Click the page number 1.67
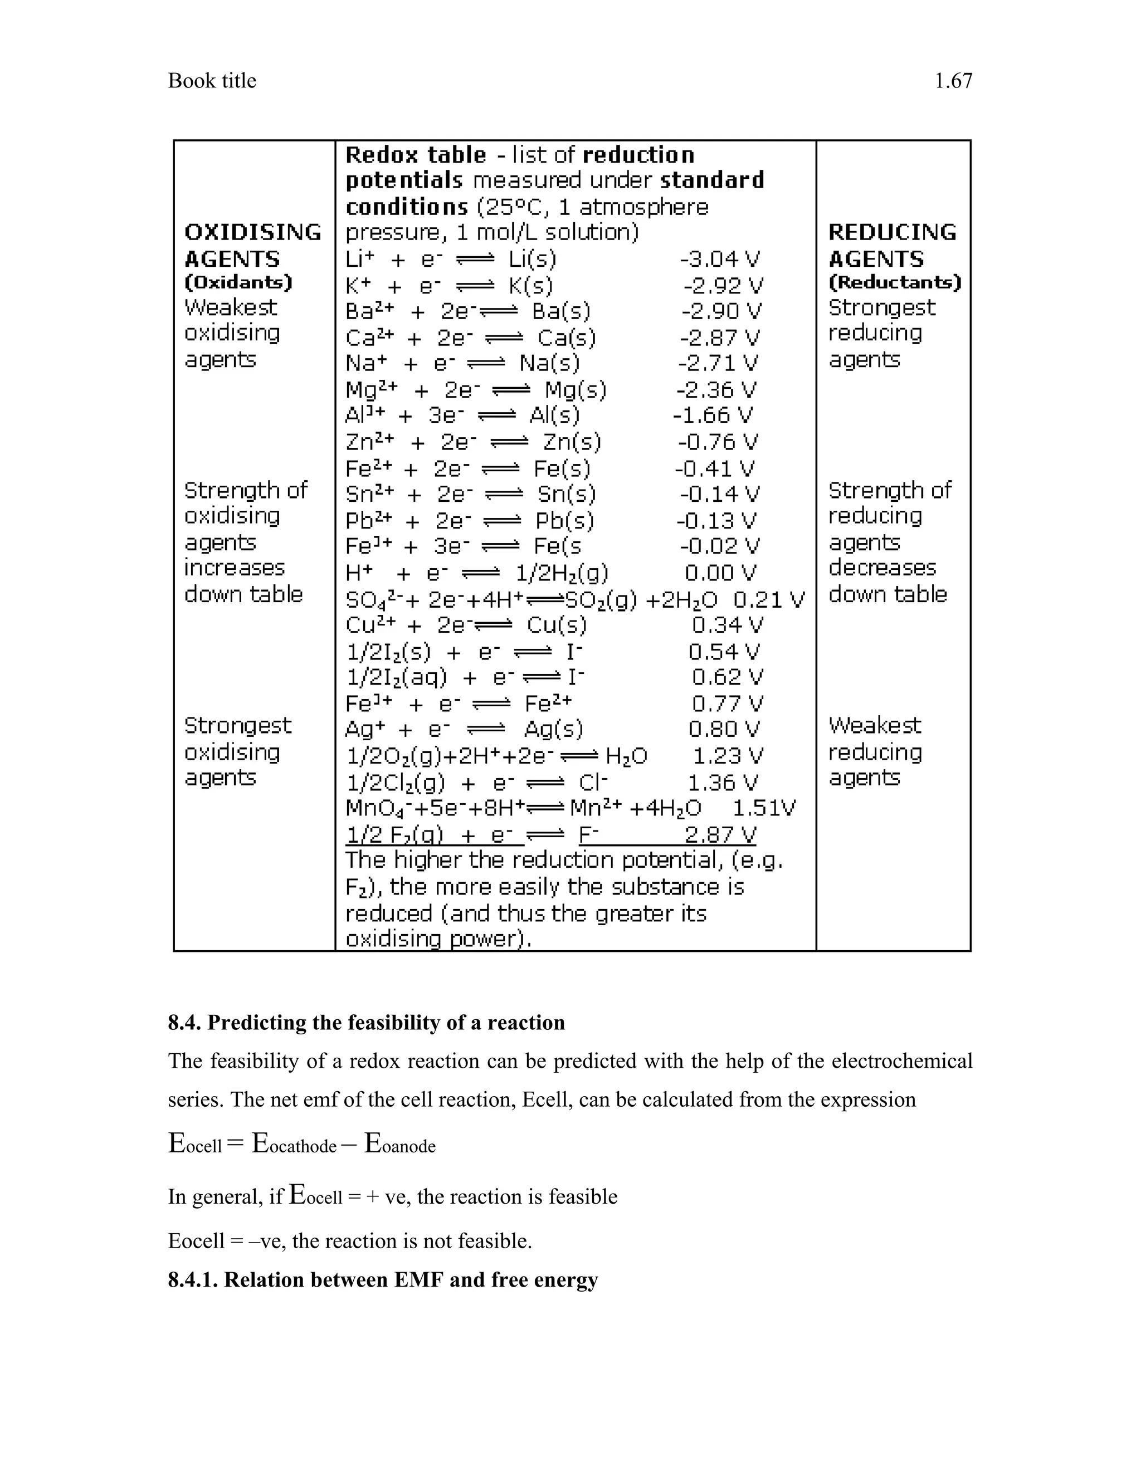pyautogui.click(x=953, y=81)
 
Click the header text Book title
pyautogui.click(x=212, y=81)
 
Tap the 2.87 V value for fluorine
pyautogui.click(x=720, y=835)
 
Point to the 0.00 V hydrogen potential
pyautogui.click(x=720, y=573)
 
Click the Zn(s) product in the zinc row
pyautogui.click(x=572, y=442)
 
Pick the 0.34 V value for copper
pyautogui.click(x=726, y=624)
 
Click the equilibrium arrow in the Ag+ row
pyautogui.click(x=487, y=730)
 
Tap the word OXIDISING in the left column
pyautogui.click(x=253, y=232)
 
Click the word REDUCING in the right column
pyautogui.click(x=893, y=232)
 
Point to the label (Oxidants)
pyautogui.click(x=238, y=282)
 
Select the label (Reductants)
pyautogui.click(x=894, y=282)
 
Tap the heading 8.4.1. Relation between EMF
pyautogui.click(x=383, y=1279)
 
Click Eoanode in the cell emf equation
pyautogui.click(x=400, y=1144)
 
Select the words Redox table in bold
pyautogui.click(x=415, y=155)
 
